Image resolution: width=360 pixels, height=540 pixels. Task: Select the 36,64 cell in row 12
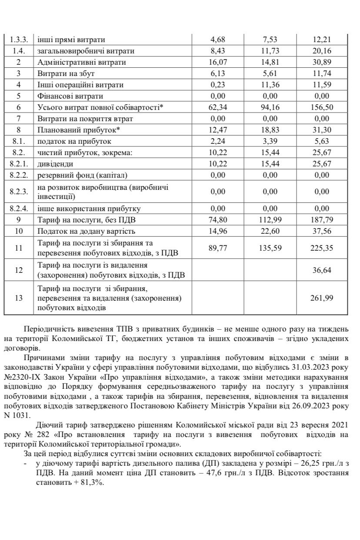(x=322, y=270)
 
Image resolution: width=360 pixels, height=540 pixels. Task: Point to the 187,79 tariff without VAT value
(x=322, y=219)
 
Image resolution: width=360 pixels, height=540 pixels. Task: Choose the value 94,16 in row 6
(x=270, y=107)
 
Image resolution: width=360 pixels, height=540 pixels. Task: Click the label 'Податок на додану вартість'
(x=87, y=231)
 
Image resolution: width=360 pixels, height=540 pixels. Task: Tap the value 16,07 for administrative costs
(x=218, y=62)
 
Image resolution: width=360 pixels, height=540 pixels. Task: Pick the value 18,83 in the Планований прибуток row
(x=270, y=130)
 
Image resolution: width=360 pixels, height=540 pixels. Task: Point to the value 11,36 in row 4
(x=270, y=85)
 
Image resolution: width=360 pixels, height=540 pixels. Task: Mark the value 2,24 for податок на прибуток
(x=218, y=141)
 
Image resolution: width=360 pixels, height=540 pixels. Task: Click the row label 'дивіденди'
(x=55, y=164)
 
